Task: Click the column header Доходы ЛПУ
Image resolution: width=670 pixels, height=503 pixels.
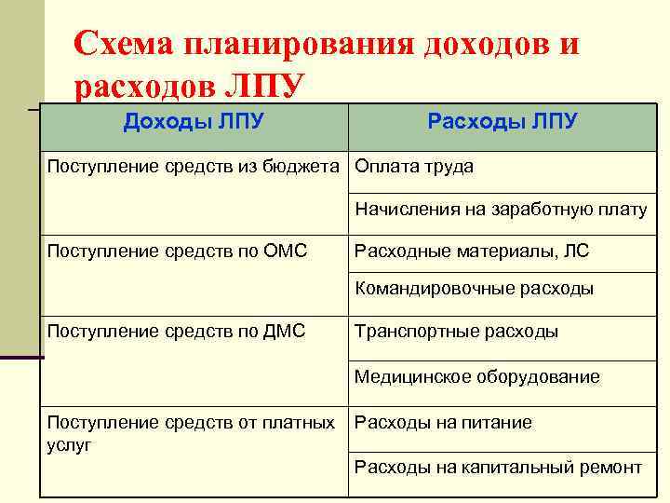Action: coord(194,122)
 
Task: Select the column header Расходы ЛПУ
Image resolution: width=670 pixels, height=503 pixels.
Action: coord(502,122)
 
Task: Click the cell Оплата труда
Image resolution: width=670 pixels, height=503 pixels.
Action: coord(414,167)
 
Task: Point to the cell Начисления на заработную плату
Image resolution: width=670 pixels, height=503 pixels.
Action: coord(500,210)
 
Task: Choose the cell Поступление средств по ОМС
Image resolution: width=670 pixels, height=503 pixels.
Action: coord(177,251)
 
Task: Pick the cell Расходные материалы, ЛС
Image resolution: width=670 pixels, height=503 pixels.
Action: coord(472,251)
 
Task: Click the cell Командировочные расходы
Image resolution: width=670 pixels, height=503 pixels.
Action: coord(474,289)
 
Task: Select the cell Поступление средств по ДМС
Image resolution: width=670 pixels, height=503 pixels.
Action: coord(176,331)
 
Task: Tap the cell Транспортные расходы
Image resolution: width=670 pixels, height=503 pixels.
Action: coord(456,332)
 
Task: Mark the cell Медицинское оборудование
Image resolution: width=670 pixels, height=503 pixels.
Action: coord(476,377)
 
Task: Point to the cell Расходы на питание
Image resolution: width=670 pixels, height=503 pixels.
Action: coord(443,423)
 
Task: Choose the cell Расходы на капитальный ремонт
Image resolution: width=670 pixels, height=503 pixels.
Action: coord(498,467)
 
